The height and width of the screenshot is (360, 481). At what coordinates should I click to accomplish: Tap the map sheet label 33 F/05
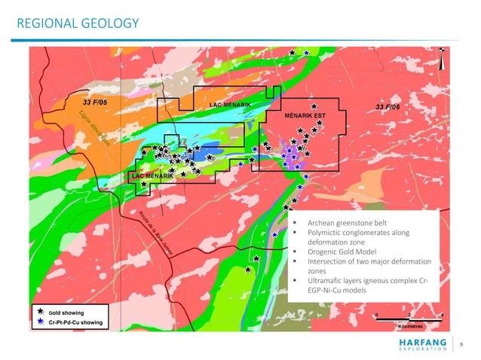click(x=95, y=101)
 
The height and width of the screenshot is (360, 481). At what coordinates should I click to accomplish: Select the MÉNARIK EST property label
click(x=305, y=117)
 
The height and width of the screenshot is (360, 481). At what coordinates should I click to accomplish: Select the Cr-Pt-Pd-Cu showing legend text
click(x=76, y=323)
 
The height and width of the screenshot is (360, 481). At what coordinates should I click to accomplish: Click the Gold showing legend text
click(x=67, y=312)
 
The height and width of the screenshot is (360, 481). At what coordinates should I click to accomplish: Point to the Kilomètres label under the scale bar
click(x=412, y=327)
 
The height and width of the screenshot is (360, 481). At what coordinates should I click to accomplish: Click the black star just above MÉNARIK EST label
click(x=314, y=107)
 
